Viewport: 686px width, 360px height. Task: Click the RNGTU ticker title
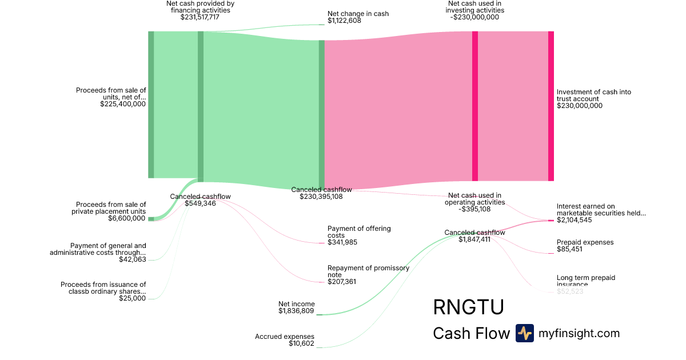pyautogui.click(x=468, y=307)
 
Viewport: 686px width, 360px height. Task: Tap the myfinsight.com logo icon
pyautogui.click(x=524, y=333)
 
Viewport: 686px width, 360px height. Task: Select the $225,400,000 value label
pyautogui.click(x=123, y=104)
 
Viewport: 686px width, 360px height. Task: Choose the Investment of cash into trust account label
pyautogui.click(x=594, y=95)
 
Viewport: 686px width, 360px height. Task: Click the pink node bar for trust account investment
pyautogui.click(x=551, y=106)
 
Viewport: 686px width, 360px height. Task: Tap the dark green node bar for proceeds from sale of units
pyautogui.click(x=151, y=105)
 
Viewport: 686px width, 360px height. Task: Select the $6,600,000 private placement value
pyautogui.click(x=127, y=218)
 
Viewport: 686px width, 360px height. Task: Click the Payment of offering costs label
pyautogui.click(x=359, y=232)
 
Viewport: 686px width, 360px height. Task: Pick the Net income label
pyautogui.click(x=297, y=304)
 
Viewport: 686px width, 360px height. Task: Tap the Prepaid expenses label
pyautogui.click(x=585, y=242)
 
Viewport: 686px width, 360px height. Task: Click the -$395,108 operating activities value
pyautogui.click(x=475, y=209)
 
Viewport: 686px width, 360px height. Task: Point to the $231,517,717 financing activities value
pyautogui.click(x=200, y=17)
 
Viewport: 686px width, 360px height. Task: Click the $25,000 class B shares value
pyautogui.click(x=133, y=298)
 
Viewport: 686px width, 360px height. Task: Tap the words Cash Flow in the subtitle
pyautogui.click(x=471, y=333)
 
